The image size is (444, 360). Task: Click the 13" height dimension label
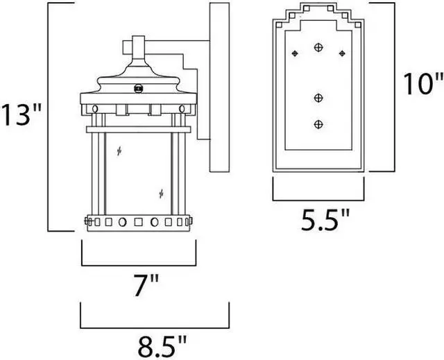(x=22, y=114)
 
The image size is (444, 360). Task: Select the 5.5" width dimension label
(x=325, y=220)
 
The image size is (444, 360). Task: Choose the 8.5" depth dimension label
(x=162, y=346)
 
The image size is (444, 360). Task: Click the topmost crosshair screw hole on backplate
(x=318, y=47)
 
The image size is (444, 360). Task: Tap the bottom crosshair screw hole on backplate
(x=318, y=124)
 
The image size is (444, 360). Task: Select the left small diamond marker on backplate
(x=295, y=53)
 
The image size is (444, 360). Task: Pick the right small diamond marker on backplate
(x=342, y=53)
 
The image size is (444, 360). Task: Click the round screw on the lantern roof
(x=139, y=89)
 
